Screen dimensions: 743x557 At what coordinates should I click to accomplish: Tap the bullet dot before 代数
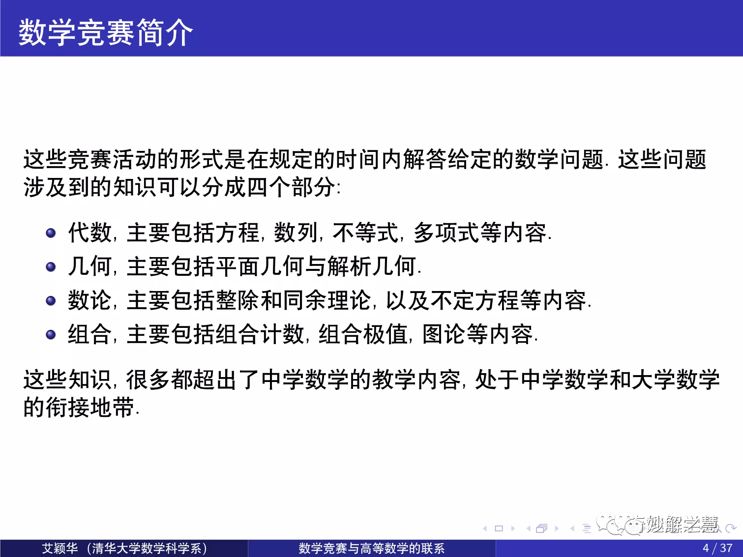pos(51,233)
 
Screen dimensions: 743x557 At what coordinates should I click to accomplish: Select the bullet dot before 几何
pos(51,266)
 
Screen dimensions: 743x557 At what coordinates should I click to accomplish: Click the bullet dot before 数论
pos(51,300)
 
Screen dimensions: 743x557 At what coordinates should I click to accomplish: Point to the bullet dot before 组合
pos(51,334)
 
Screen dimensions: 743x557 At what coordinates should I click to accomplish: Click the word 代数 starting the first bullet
pos(89,233)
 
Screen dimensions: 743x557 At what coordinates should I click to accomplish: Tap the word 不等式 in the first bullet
pos(365,233)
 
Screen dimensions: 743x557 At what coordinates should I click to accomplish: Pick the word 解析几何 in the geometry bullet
pos(371,266)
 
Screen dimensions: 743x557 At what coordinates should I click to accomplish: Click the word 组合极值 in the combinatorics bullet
pos(363,334)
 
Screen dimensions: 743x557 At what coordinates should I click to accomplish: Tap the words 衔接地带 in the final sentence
pos(89,407)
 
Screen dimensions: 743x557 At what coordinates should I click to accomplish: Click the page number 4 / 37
pos(717,548)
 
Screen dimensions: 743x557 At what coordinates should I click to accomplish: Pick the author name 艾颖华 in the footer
pos(60,548)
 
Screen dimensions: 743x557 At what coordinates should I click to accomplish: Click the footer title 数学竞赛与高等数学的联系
pos(372,548)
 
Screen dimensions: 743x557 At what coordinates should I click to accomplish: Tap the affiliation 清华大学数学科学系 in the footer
pos(147,548)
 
